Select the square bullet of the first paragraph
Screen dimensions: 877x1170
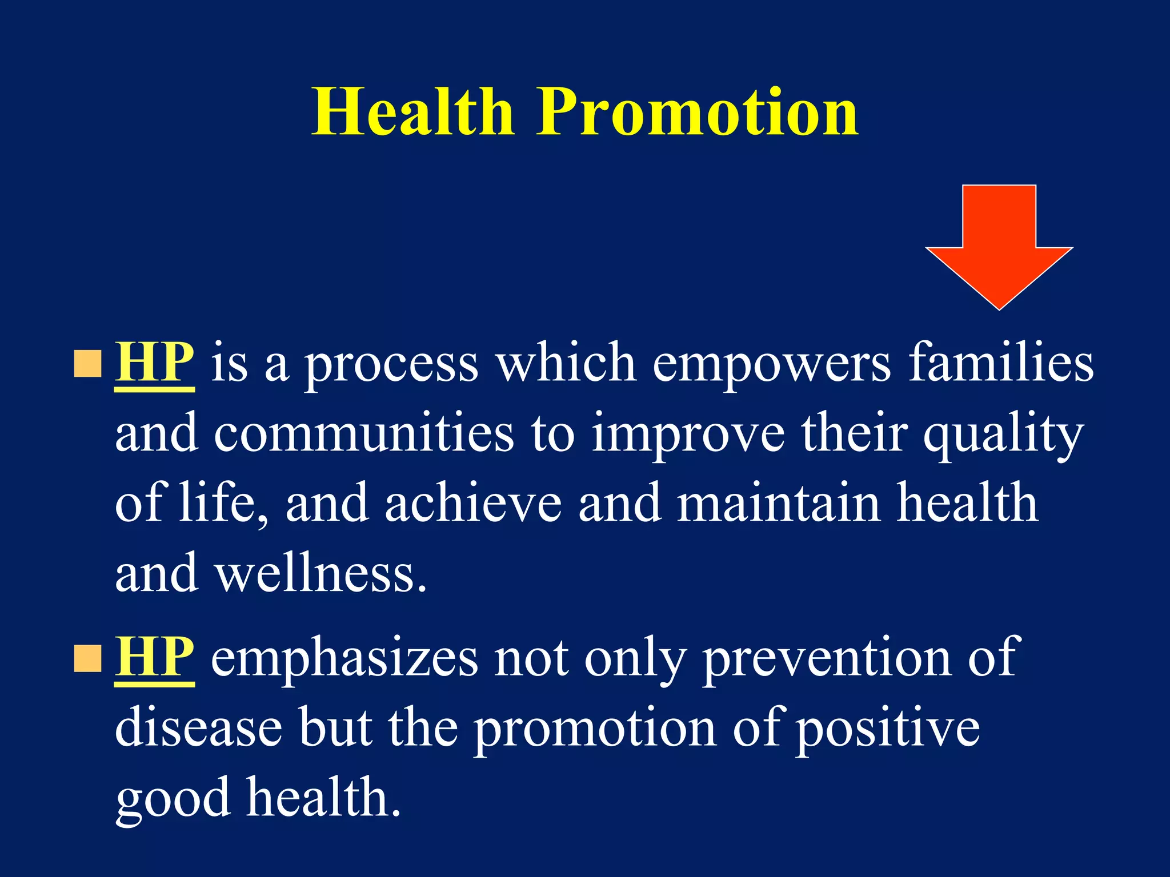pyautogui.click(x=88, y=364)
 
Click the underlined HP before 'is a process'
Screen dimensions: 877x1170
pyautogui.click(x=154, y=363)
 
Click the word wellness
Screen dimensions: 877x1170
pyautogui.click(x=320, y=574)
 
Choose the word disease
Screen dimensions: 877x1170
pyautogui.click(x=199, y=729)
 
